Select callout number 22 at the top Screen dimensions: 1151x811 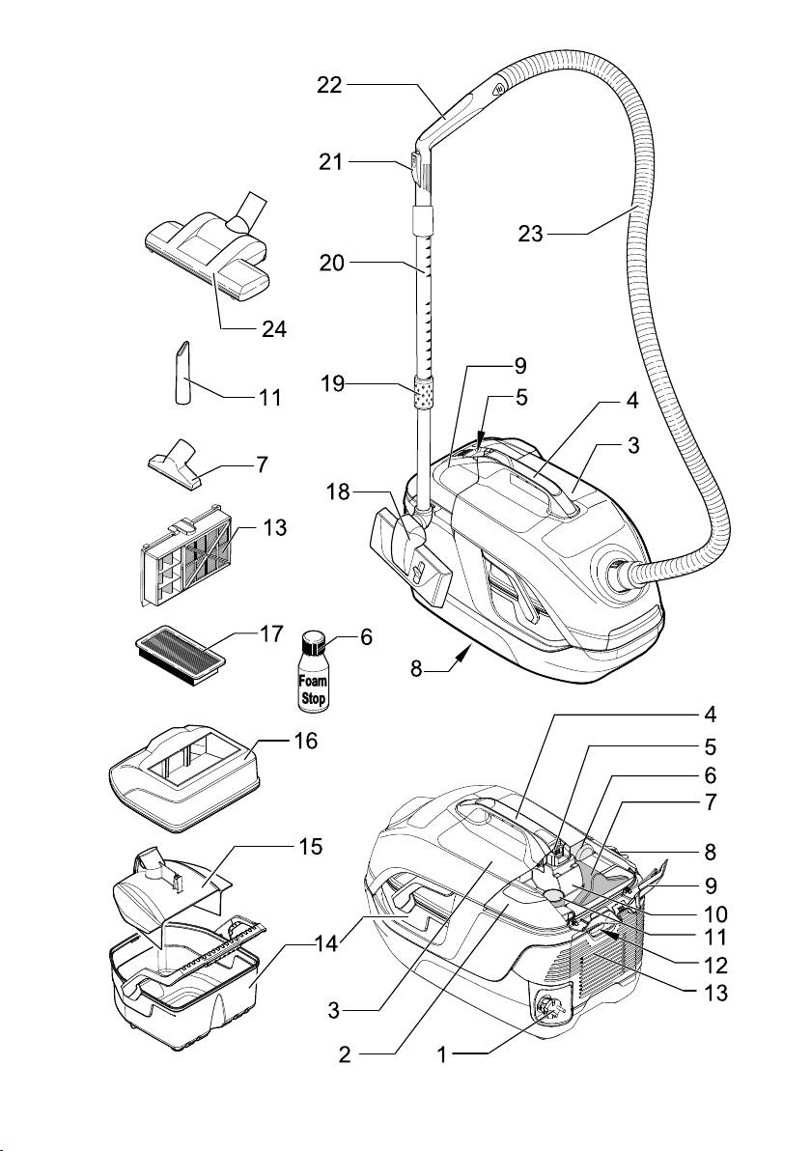[328, 85]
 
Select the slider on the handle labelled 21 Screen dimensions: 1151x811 [416, 168]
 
